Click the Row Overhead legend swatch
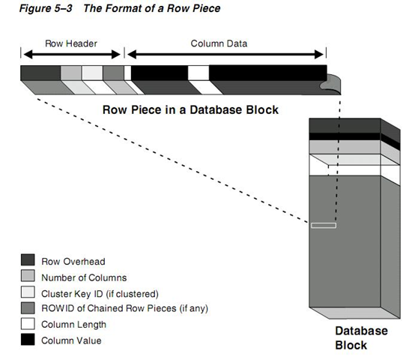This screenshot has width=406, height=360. (x=28, y=260)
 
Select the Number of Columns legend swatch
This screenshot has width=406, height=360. (x=28, y=276)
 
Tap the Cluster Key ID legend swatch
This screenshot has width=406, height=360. (x=28, y=292)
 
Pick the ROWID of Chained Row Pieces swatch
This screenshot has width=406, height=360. (x=28, y=308)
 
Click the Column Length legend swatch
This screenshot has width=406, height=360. (x=28, y=324)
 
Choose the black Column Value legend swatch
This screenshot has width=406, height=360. (x=28, y=340)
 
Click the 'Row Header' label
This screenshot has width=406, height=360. (x=71, y=43)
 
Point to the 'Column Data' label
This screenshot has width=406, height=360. (x=219, y=43)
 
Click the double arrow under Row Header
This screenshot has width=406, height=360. (x=72, y=55)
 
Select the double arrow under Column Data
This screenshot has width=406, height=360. (x=225, y=55)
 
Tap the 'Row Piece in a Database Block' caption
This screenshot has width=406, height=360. (x=190, y=109)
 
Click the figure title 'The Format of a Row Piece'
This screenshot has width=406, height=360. (x=152, y=8)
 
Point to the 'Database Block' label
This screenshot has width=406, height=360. (x=362, y=338)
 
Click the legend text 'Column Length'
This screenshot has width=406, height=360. (x=74, y=325)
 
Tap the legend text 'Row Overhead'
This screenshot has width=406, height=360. (x=73, y=262)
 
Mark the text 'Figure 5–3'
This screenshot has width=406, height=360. (x=46, y=8)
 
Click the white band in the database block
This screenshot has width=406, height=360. (x=345, y=170)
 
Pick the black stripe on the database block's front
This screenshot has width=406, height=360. (x=345, y=136)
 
